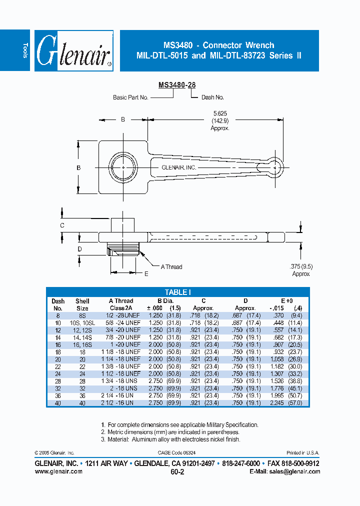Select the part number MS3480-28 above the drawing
pyautogui.click(x=177, y=85)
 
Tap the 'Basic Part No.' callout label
pyautogui.click(x=130, y=97)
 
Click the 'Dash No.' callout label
pyautogui.click(x=212, y=97)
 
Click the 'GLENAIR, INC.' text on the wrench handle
pyautogui.click(x=179, y=168)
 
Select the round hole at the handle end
pyautogui.click(x=274, y=167)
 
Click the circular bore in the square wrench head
pyautogui.click(x=123, y=167)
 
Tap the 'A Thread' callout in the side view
pyautogui.click(x=171, y=267)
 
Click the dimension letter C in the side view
pyautogui.click(x=62, y=225)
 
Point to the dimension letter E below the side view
pyautogui.click(x=146, y=273)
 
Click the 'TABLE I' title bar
pyautogui.click(x=177, y=292)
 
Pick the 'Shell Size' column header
pyautogui.click(x=82, y=304)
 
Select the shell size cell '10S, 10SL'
pyautogui.click(x=82, y=323)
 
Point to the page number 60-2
pyautogui.click(x=177, y=472)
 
